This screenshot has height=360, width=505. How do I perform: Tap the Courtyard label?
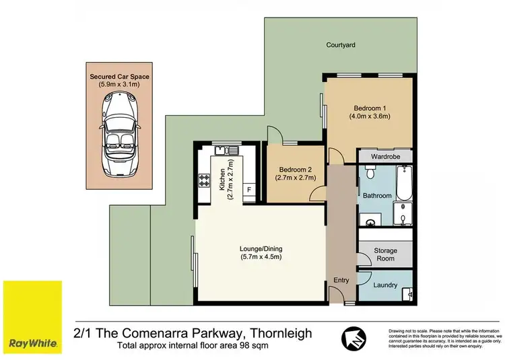click(x=341, y=45)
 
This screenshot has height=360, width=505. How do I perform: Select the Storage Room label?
click(x=386, y=255)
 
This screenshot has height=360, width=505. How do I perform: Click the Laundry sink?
click(x=409, y=292)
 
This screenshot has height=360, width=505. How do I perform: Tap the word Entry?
click(x=342, y=280)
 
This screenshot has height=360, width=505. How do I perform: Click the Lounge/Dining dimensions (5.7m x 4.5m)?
click(x=260, y=256)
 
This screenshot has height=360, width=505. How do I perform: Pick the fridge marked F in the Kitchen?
click(x=248, y=190)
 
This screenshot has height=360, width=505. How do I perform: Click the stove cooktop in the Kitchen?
click(x=205, y=180)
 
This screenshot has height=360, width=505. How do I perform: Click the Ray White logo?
click(x=32, y=316)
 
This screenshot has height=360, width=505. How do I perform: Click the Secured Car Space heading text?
click(x=120, y=77)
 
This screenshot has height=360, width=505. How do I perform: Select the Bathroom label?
click(x=378, y=196)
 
